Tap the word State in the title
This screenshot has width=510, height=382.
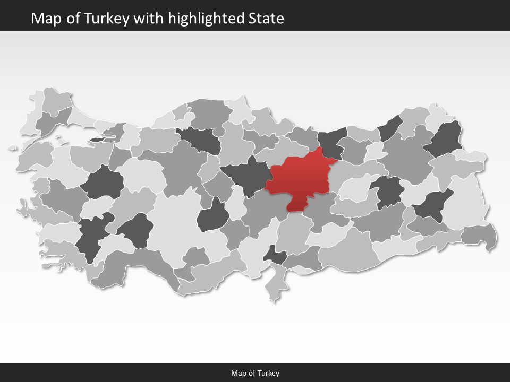point(266,19)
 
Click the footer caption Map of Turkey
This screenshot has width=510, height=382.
point(255,373)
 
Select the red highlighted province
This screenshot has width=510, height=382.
point(300,178)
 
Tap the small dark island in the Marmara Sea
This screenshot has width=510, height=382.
point(98,140)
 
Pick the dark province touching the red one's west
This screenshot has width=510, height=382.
point(245,175)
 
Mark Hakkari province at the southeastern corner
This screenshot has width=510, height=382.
point(480,235)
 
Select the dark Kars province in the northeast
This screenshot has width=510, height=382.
point(446,139)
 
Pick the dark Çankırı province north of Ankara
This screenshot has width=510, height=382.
point(201,140)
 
